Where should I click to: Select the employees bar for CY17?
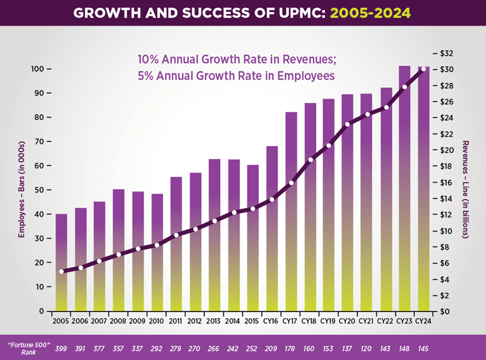tap(291, 211)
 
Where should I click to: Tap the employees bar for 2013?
tap(214, 235)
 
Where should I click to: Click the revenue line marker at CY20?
tap(347, 124)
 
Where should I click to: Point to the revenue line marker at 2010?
tap(157, 245)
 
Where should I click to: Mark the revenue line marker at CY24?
tap(423, 70)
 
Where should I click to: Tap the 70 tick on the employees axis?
tap(39, 142)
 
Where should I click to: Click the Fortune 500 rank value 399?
tap(61, 348)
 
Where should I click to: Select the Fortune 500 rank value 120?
tap(366, 348)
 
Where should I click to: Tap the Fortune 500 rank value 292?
tap(157, 348)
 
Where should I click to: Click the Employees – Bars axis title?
tap(21, 189)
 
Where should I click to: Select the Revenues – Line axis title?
tap(465, 189)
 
